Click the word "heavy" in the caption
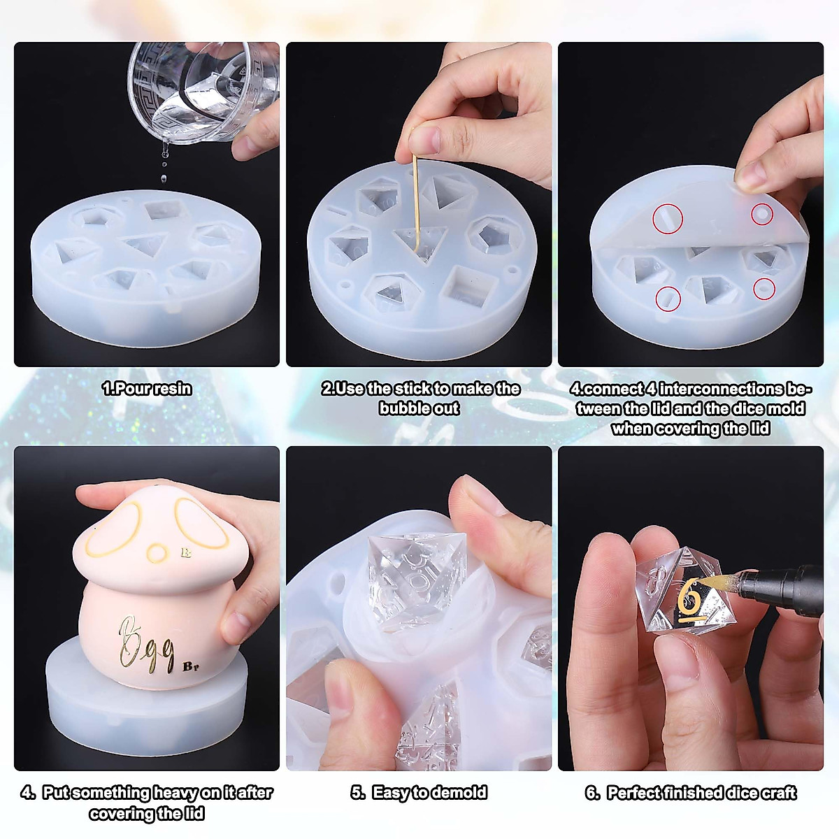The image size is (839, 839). (x=175, y=793)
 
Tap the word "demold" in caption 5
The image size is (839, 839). (x=459, y=793)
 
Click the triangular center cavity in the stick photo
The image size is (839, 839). (x=420, y=242)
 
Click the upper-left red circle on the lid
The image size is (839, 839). (x=668, y=219)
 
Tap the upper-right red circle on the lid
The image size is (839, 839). (x=762, y=214)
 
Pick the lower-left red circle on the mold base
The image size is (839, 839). (x=668, y=299)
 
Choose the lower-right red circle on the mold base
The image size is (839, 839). (x=764, y=288)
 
